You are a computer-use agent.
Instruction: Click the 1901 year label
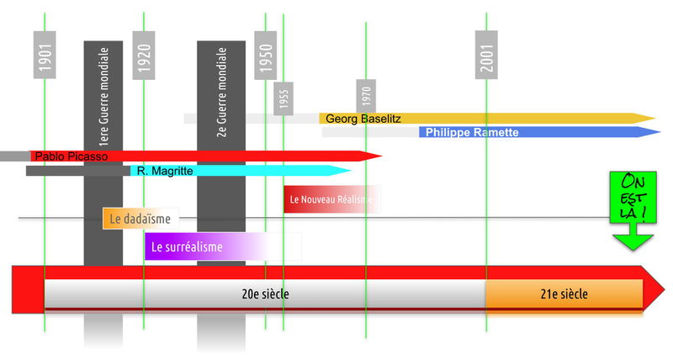coord(45,56)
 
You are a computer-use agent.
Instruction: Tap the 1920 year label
coord(144,56)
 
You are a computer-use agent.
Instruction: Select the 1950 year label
coord(266,56)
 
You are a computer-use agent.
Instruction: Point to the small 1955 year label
coord(284,97)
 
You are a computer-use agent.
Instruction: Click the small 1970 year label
coord(366,94)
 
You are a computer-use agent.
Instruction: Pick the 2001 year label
coord(486,56)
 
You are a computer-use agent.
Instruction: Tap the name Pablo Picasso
coord(72,156)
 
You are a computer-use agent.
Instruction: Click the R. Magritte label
coord(165,171)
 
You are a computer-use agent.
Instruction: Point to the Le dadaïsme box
coord(140,219)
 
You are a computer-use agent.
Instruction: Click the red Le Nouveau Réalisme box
coord(330,200)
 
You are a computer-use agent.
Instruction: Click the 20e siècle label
coord(265,294)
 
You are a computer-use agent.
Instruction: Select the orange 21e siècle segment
coord(564,294)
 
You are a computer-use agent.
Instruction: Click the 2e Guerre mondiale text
coord(221,99)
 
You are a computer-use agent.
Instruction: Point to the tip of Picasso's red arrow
coord(380,156)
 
